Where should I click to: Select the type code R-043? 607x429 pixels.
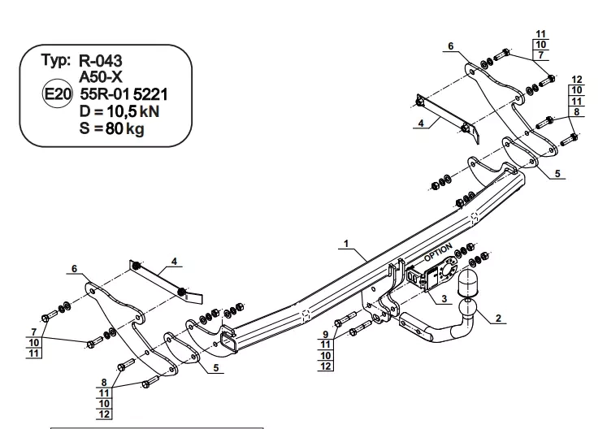coord(101,61)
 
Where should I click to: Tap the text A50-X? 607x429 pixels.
coord(101,77)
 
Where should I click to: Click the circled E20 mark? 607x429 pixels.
coord(57,94)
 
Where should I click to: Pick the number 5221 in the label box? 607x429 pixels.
coord(150,94)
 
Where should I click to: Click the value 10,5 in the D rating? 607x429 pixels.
coord(122,111)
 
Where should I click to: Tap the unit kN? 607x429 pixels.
coord(149,111)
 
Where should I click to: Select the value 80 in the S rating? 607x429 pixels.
coord(114,128)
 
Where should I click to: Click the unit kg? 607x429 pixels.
coord(135,128)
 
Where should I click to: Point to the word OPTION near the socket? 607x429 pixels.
coord(438,252)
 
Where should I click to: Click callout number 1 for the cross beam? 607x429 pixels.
coord(346,244)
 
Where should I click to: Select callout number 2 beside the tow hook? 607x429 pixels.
coord(498,318)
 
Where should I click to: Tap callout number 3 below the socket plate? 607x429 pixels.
coord(444,298)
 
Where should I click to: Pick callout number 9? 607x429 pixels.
coord(326,334)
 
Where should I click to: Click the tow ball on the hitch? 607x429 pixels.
coord(468,309)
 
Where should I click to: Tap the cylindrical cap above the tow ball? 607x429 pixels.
coord(468,284)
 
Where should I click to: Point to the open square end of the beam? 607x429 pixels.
coord(228,343)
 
